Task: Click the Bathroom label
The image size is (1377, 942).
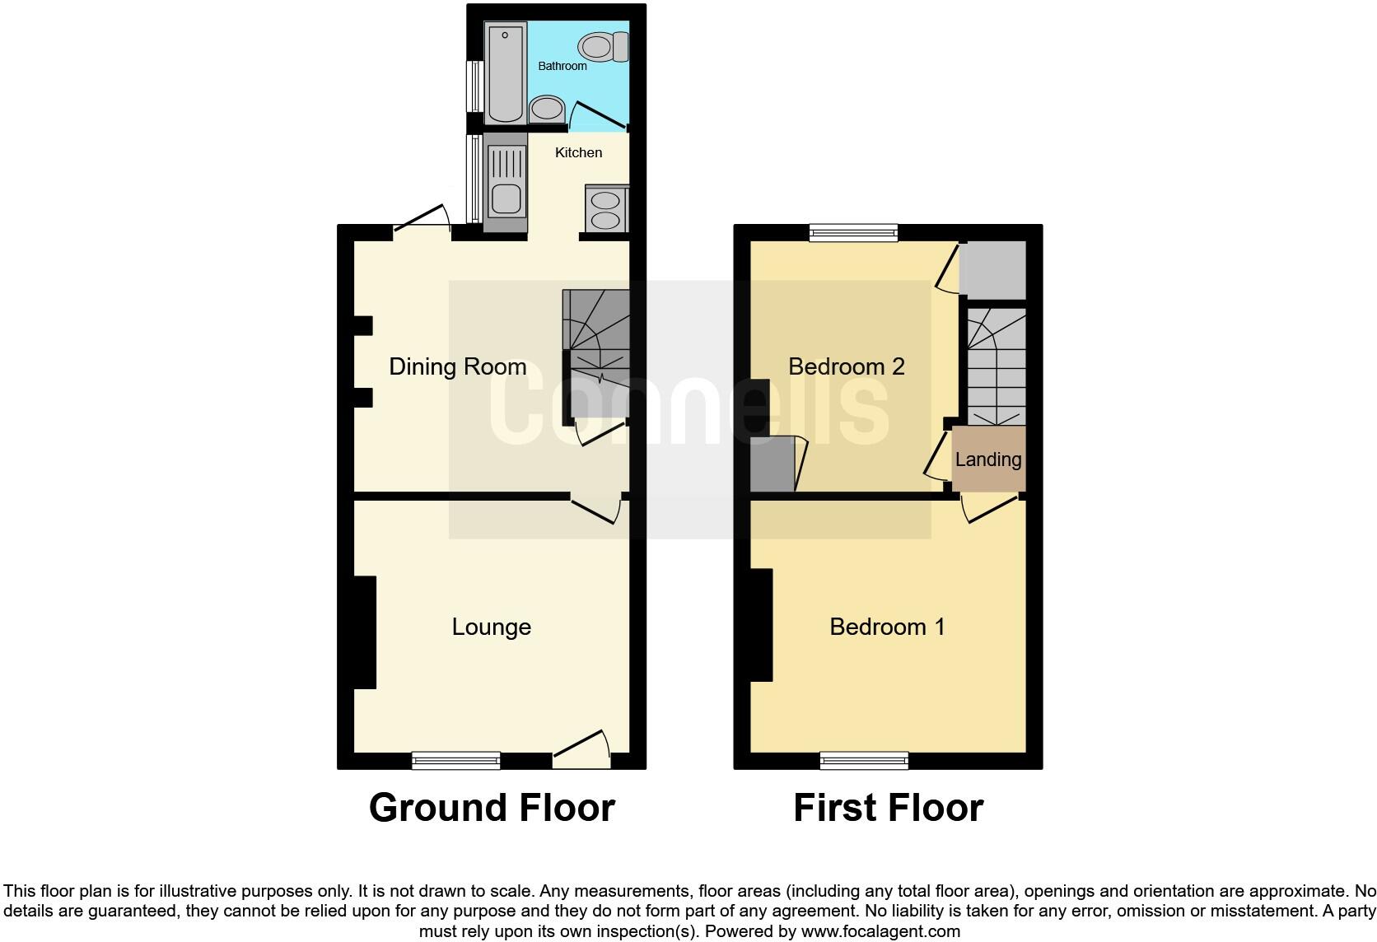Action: pyautogui.click(x=562, y=66)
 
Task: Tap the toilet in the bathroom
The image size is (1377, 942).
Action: pyautogui.click(x=603, y=47)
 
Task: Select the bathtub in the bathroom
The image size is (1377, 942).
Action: pyautogui.click(x=505, y=73)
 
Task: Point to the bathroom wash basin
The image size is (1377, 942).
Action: pyautogui.click(x=545, y=108)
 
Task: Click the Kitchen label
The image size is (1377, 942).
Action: pyautogui.click(x=578, y=152)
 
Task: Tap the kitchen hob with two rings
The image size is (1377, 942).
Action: pyautogui.click(x=605, y=209)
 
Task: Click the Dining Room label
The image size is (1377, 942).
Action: pyautogui.click(x=457, y=366)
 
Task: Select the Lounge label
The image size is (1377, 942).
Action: pyautogui.click(x=491, y=627)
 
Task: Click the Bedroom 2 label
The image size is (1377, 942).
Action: pyautogui.click(x=847, y=366)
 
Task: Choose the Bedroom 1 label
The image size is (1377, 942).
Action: pyautogui.click(x=887, y=627)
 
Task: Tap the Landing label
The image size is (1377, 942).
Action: pyautogui.click(x=988, y=459)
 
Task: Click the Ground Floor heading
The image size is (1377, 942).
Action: pyautogui.click(x=492, y=808)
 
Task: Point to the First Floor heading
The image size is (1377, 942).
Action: pyautogui.click(x=888, y=808)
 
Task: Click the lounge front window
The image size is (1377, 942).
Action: pyautogui.click(x=456, y=760)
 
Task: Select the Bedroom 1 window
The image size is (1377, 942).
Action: pyautogui.click(x=864, y=760)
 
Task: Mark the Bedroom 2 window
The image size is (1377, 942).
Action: pyautogui.click(x=852, y=233)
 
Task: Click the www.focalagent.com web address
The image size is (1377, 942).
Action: pyautogui.click(x=880, y=932)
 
